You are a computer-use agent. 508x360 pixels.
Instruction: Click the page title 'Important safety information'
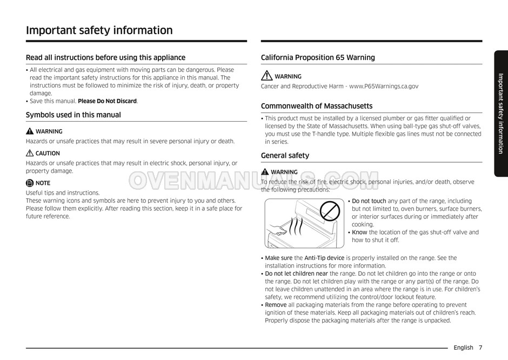coord(99,30)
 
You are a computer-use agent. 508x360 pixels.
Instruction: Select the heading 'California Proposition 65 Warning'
coord(318,58)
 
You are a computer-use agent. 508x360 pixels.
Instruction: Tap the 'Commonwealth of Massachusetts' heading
coord(317,106)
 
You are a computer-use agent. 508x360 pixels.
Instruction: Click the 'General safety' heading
coord(285,156)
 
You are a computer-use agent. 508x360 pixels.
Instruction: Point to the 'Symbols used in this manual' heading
coord(73,115)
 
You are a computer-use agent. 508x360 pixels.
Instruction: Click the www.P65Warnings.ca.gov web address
coord(384,86)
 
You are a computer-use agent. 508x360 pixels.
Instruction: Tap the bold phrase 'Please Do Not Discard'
coord(108,101)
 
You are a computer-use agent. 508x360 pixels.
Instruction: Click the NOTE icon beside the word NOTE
coord(30,183)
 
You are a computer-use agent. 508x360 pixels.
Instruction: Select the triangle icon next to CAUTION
coord(30,154)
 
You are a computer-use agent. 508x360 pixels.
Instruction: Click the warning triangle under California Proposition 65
coord(266,77)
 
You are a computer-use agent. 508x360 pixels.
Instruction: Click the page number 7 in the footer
coord(480,348)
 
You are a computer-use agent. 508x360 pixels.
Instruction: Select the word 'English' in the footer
coord(463,348)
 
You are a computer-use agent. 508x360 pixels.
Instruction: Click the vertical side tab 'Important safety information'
coord(501,114)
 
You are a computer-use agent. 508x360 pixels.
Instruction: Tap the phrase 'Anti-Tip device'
coord(324,258)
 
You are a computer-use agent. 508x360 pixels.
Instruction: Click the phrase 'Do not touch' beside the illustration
coord(369,201)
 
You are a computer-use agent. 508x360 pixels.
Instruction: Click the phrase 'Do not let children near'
coord(296,274)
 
